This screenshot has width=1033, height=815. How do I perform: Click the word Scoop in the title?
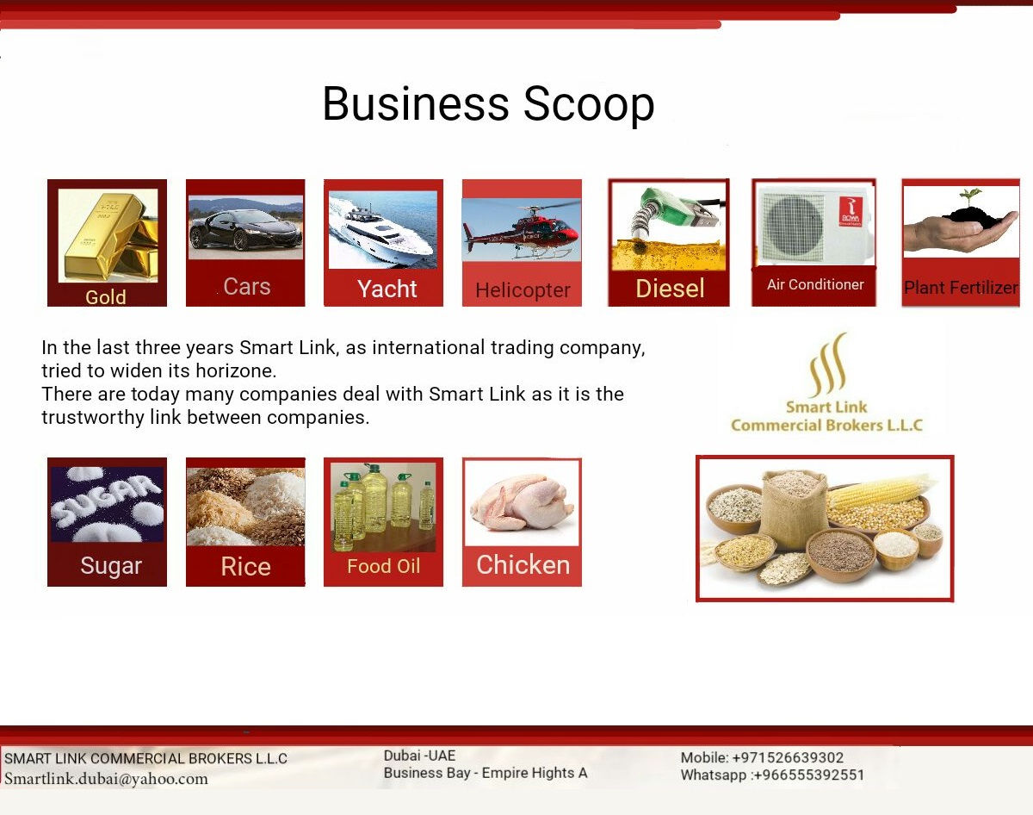pos(589,105)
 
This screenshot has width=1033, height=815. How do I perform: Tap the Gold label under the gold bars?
pos(106,297)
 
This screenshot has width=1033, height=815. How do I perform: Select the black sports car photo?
pos(245,227)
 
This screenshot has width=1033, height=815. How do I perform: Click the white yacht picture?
pos(383,230)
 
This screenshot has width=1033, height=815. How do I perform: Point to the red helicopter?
pos(522,231)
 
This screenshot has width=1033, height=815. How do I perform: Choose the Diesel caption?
pos(670,289)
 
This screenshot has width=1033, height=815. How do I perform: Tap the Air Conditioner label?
pos(815,284)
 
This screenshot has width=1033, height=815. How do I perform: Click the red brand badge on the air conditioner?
pos(851,211)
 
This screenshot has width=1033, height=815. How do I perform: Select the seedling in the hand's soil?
pos(969,196)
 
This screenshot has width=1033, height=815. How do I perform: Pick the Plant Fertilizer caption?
pos(961,288)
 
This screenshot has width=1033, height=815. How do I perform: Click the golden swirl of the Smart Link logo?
pos(828,364)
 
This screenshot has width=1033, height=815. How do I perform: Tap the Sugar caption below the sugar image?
pos(111,566)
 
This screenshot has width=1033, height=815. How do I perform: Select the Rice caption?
pos(246,566)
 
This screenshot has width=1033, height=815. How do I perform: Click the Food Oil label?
pos(384,566)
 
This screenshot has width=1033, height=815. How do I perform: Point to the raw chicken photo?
pos(522,502)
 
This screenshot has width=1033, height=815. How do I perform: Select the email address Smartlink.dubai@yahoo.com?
pos(106,779)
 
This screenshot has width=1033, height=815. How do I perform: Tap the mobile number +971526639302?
pos(788,758)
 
